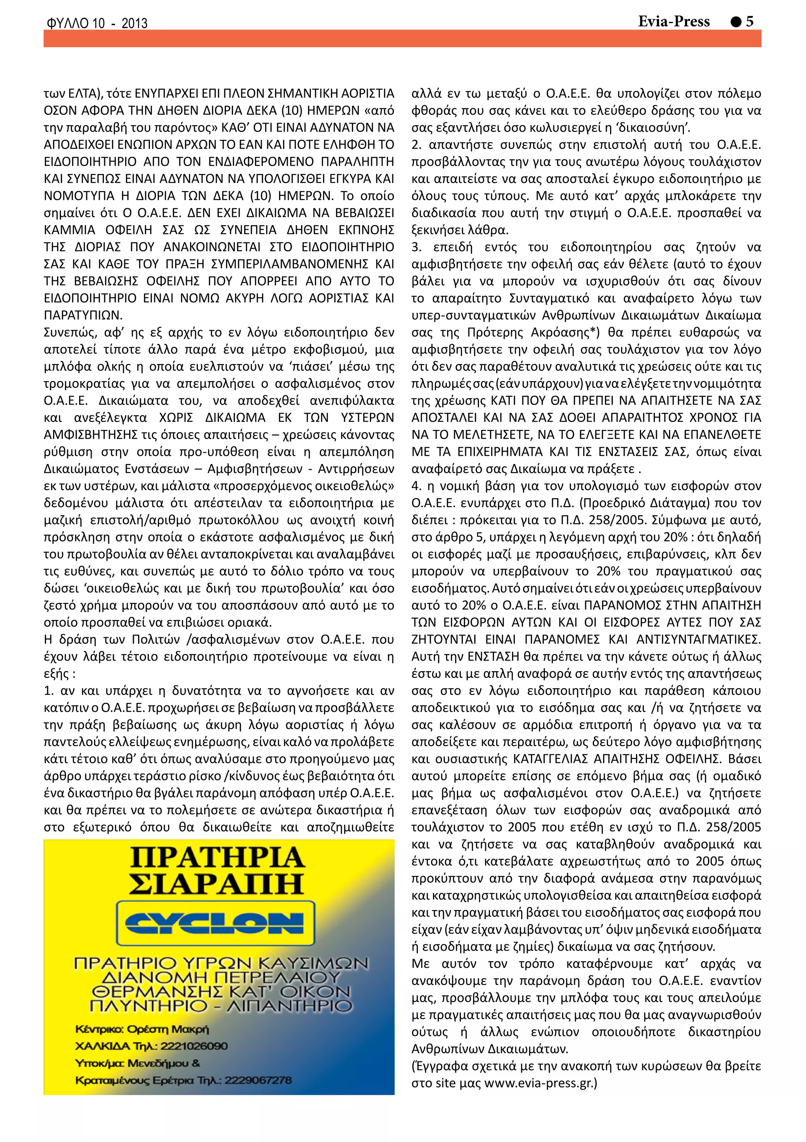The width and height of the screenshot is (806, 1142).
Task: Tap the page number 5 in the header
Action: click(x=750, y=21)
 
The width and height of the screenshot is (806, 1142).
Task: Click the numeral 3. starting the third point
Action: click(x=417, y=247)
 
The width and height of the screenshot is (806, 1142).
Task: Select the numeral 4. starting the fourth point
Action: click(x=417, y=486)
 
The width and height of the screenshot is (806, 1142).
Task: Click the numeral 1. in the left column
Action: click(x=49, y=691)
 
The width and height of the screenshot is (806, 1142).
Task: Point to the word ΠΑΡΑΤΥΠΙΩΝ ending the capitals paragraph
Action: click(x=83, y=315)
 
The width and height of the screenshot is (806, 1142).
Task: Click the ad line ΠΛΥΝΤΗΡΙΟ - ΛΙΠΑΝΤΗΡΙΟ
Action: click(x=220, y=1006)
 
